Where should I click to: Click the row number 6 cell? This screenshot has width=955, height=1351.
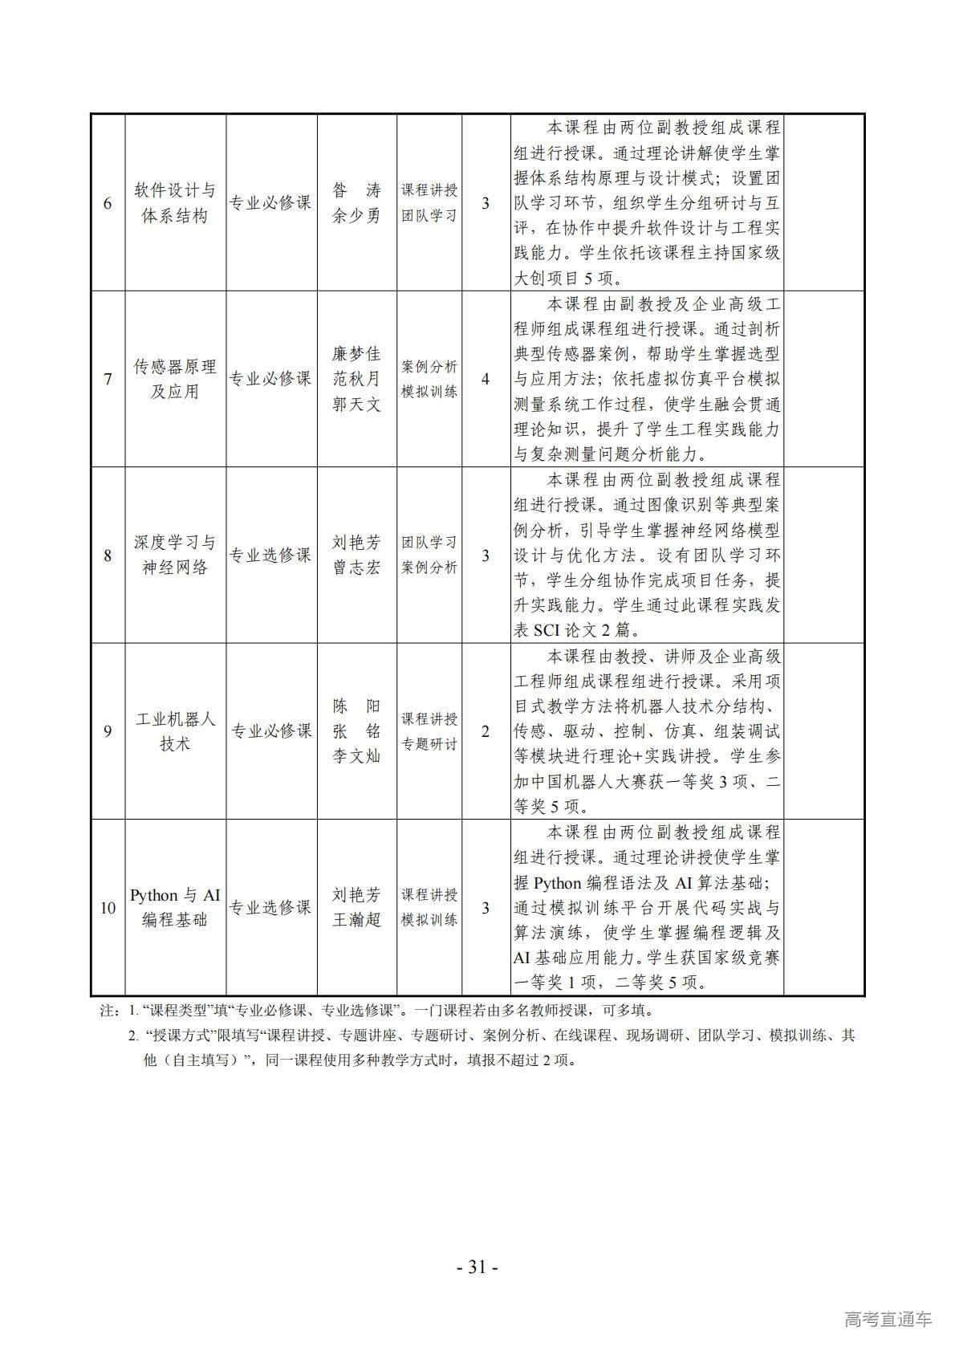[x=108, y=203]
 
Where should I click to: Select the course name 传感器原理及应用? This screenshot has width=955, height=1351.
[x=175, y=379]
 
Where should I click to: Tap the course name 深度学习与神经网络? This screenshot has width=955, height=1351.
[x=175, y=555]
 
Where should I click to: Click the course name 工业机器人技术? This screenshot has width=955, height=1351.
[x=175, y=731]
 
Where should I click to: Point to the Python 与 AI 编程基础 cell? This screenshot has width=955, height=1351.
[x=175, y=908]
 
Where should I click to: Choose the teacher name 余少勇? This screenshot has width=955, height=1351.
[x=356, y=216]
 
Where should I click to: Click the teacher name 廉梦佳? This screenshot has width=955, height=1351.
[x=356, y=354]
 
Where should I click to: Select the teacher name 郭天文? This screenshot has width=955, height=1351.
[x=356, y=405]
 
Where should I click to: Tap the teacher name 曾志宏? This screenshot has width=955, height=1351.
[x=356, y=568]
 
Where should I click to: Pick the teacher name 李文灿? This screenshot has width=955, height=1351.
[x=356, y=756]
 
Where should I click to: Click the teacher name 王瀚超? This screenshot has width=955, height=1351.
[x=356, y=920]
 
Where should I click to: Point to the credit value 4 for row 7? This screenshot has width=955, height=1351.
[x=486, y=379]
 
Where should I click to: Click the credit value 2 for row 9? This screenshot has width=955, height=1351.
[x=486, y=731]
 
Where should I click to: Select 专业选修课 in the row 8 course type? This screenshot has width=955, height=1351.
[x=271, y=555]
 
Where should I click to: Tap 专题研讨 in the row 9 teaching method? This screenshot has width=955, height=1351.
[x=429, y=744]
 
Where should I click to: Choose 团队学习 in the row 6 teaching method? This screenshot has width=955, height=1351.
[x=429, y=216]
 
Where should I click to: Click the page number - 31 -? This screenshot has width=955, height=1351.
[x=477, y=1268]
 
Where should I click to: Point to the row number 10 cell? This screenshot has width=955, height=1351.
[x=108, y=908]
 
